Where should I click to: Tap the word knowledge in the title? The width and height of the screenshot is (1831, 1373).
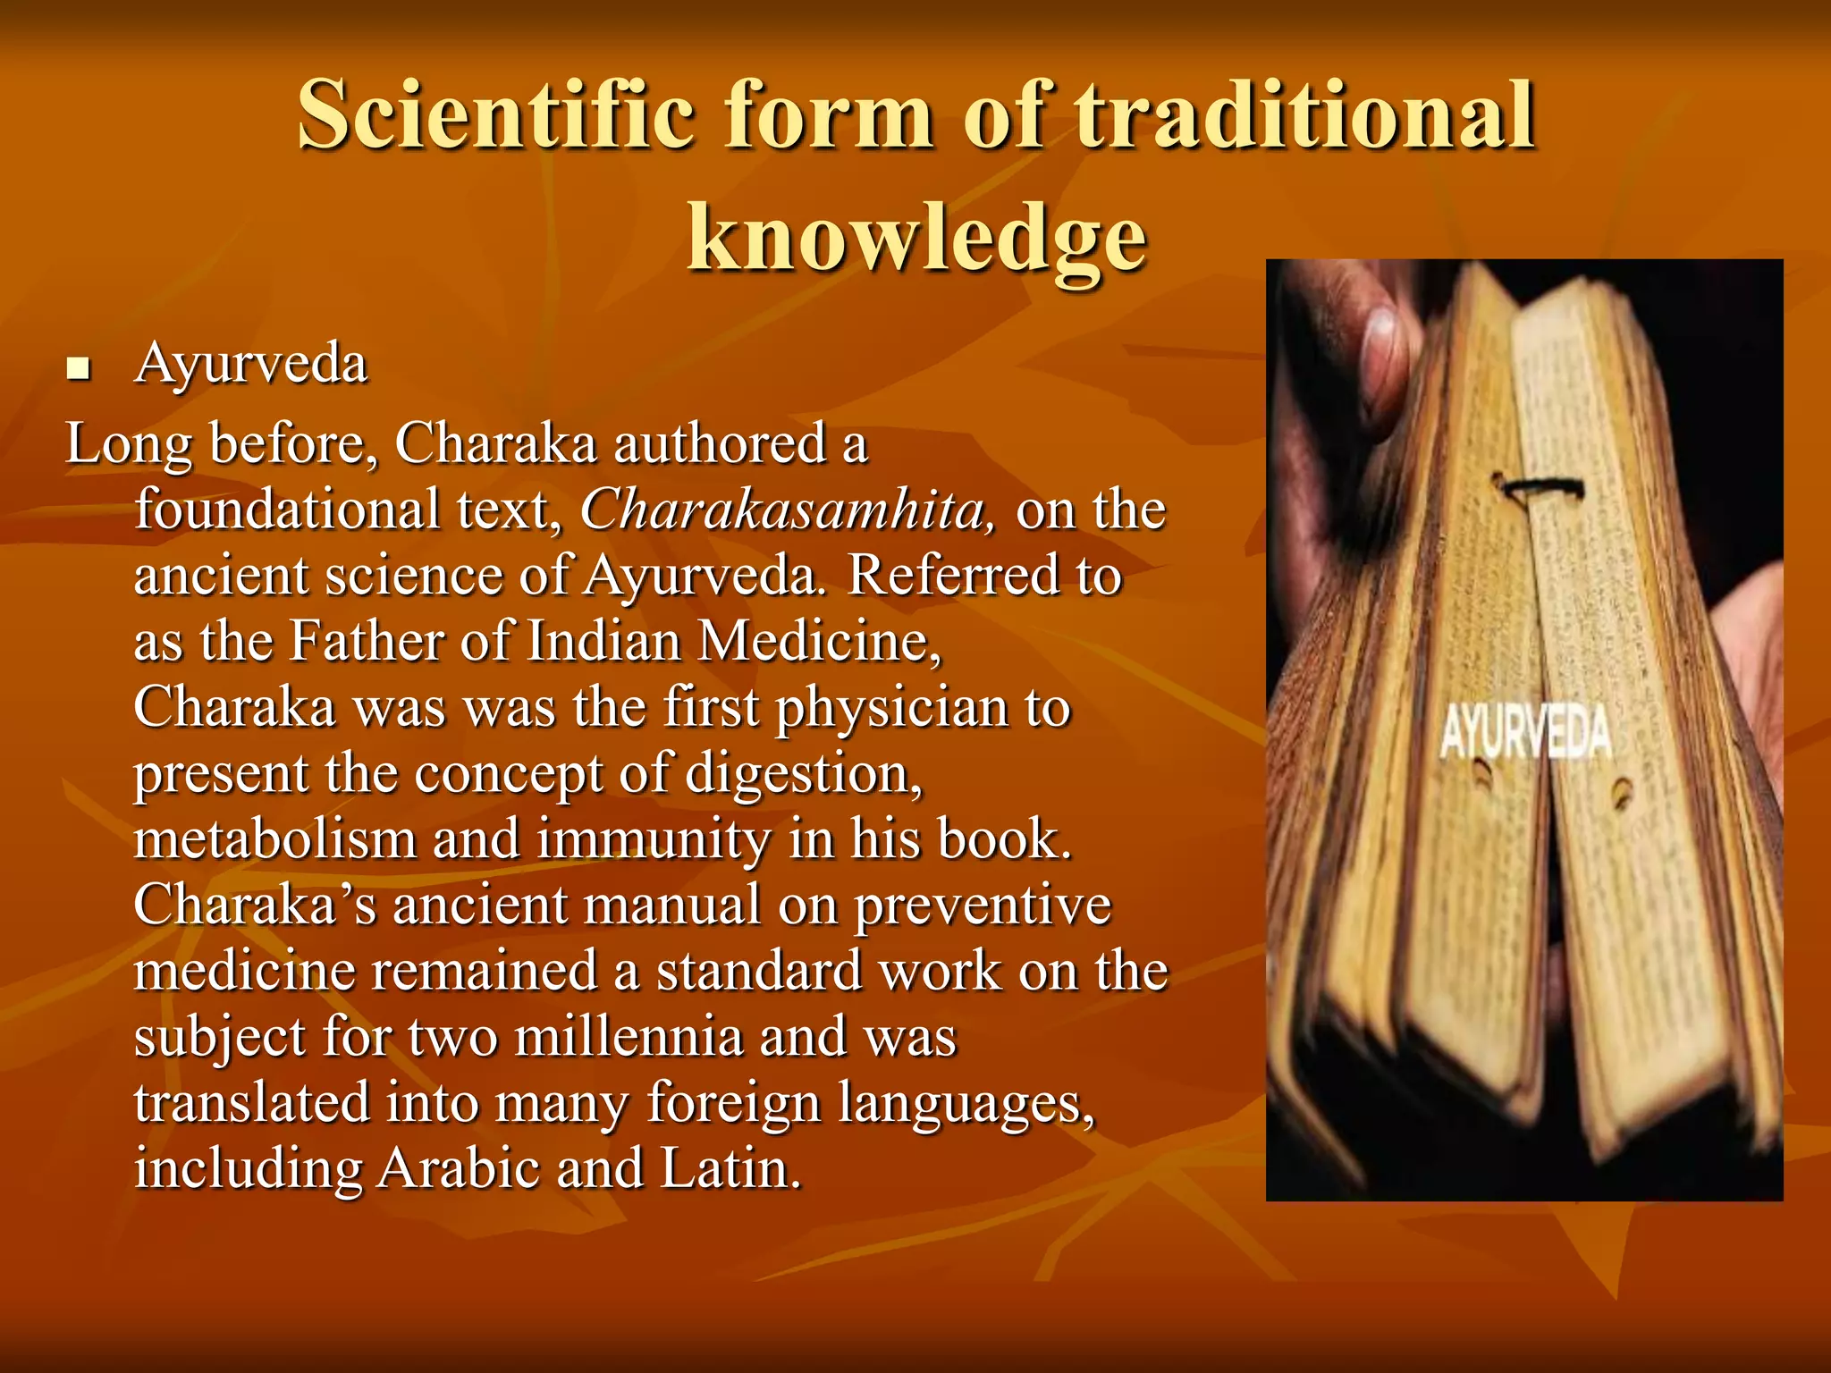916,238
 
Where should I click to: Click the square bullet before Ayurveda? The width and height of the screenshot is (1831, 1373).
79,368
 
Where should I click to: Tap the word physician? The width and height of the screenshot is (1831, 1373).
891,709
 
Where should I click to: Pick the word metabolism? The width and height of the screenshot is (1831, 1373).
275,839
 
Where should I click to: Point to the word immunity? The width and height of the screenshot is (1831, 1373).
653,839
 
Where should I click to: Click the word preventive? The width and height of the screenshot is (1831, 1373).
983,906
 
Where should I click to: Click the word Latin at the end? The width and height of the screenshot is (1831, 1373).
729,1168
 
